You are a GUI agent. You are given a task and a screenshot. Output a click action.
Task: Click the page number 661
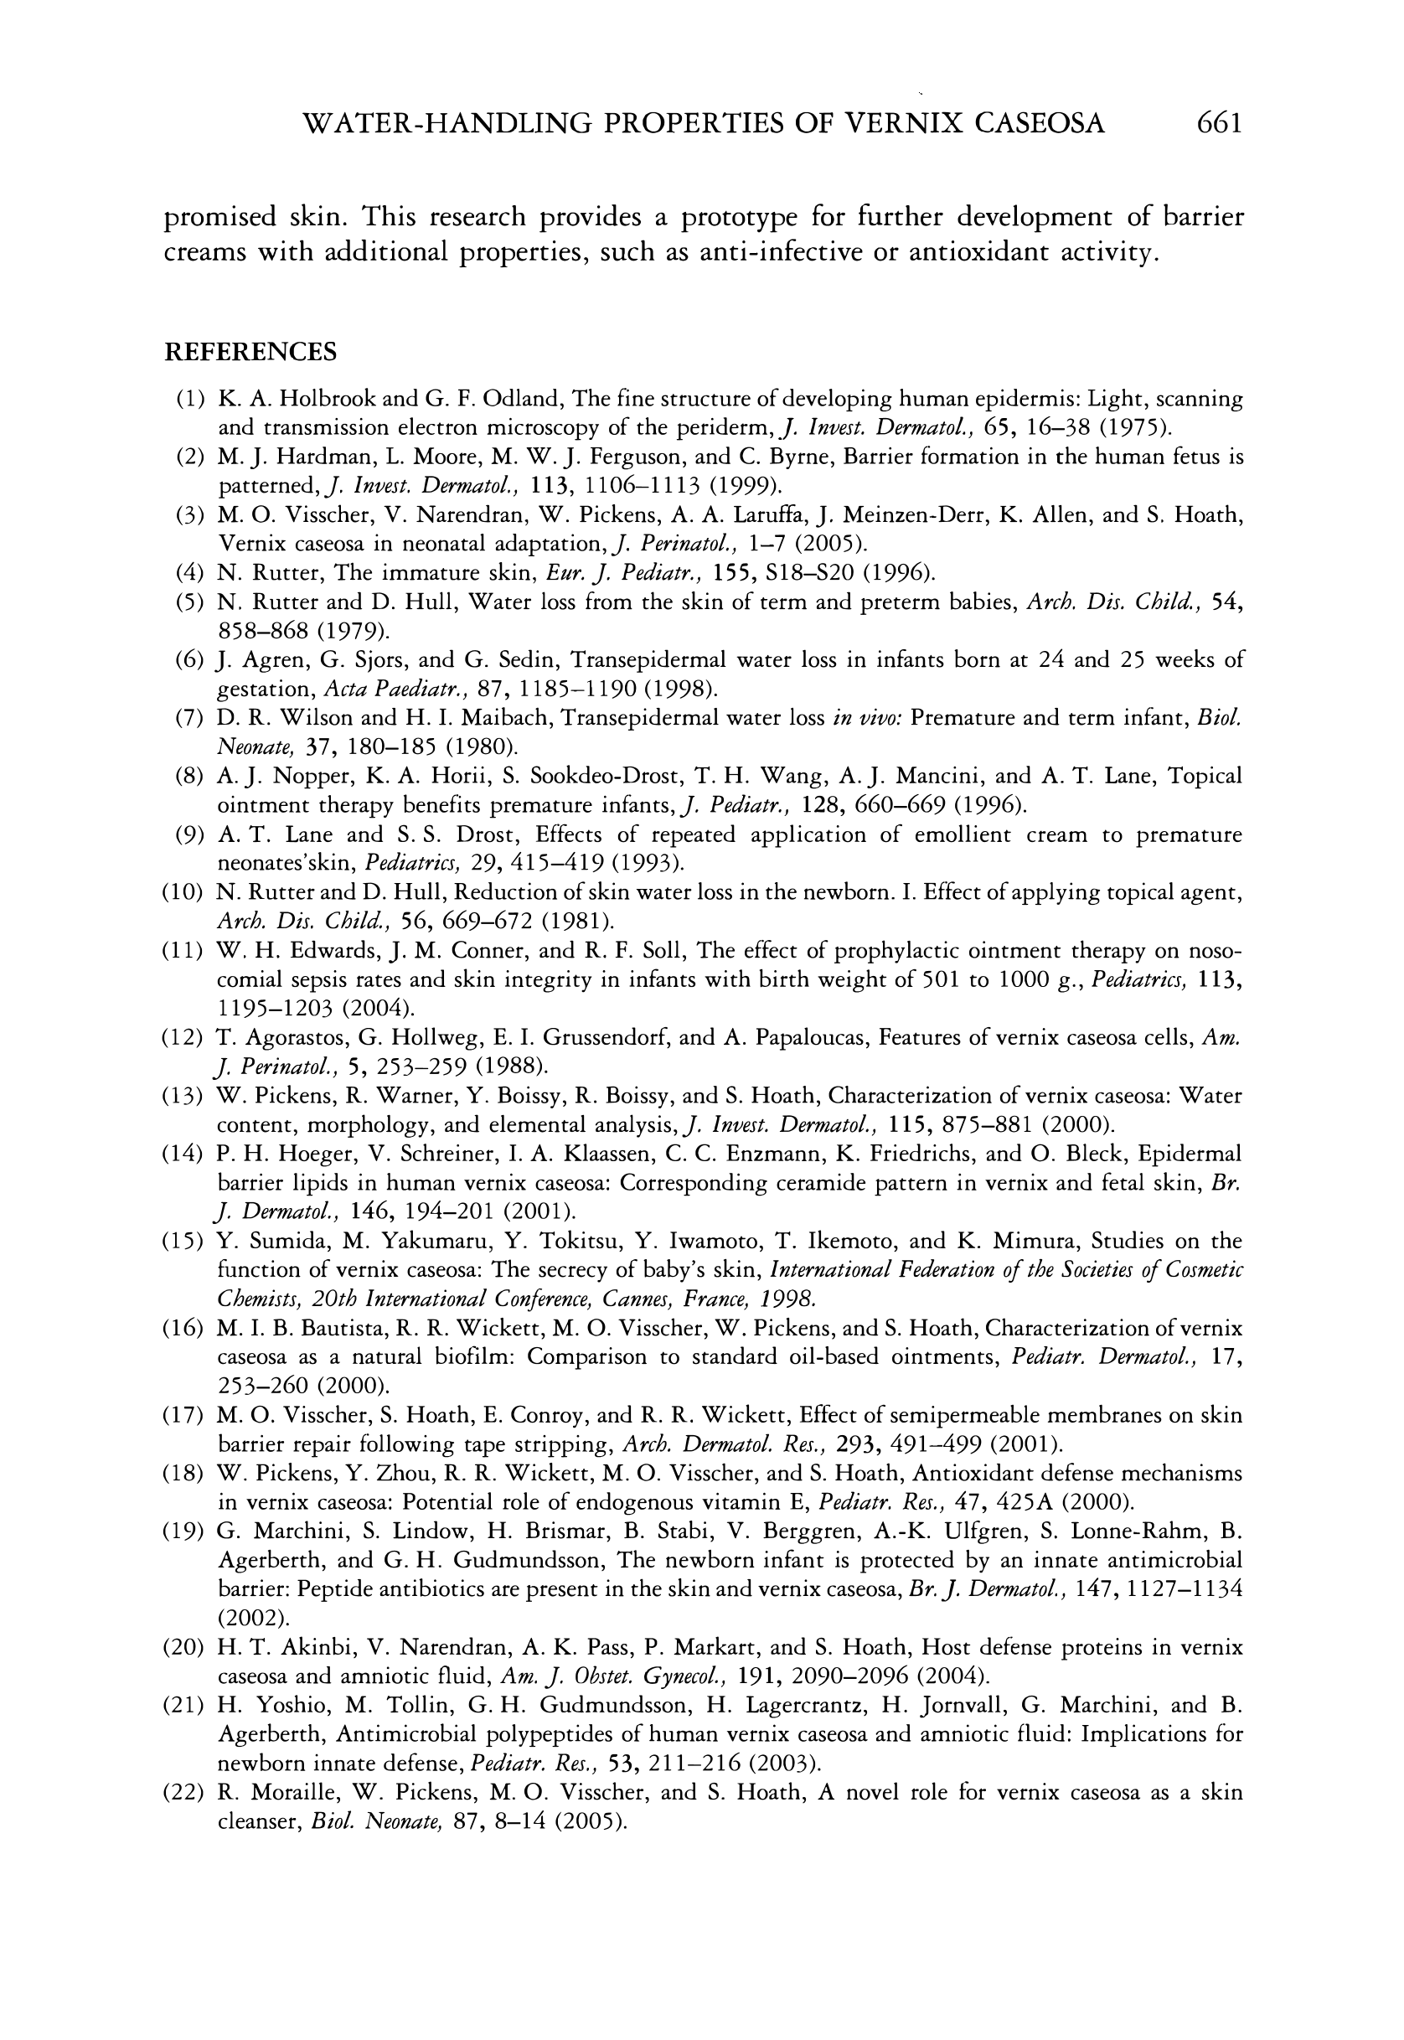coord(1218,122)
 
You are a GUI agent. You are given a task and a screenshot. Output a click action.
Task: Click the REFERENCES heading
coord(250,352)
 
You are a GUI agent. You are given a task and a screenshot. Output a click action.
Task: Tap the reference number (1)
coord(191,400)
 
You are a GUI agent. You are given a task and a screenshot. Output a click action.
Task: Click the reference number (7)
coord(191,719)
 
